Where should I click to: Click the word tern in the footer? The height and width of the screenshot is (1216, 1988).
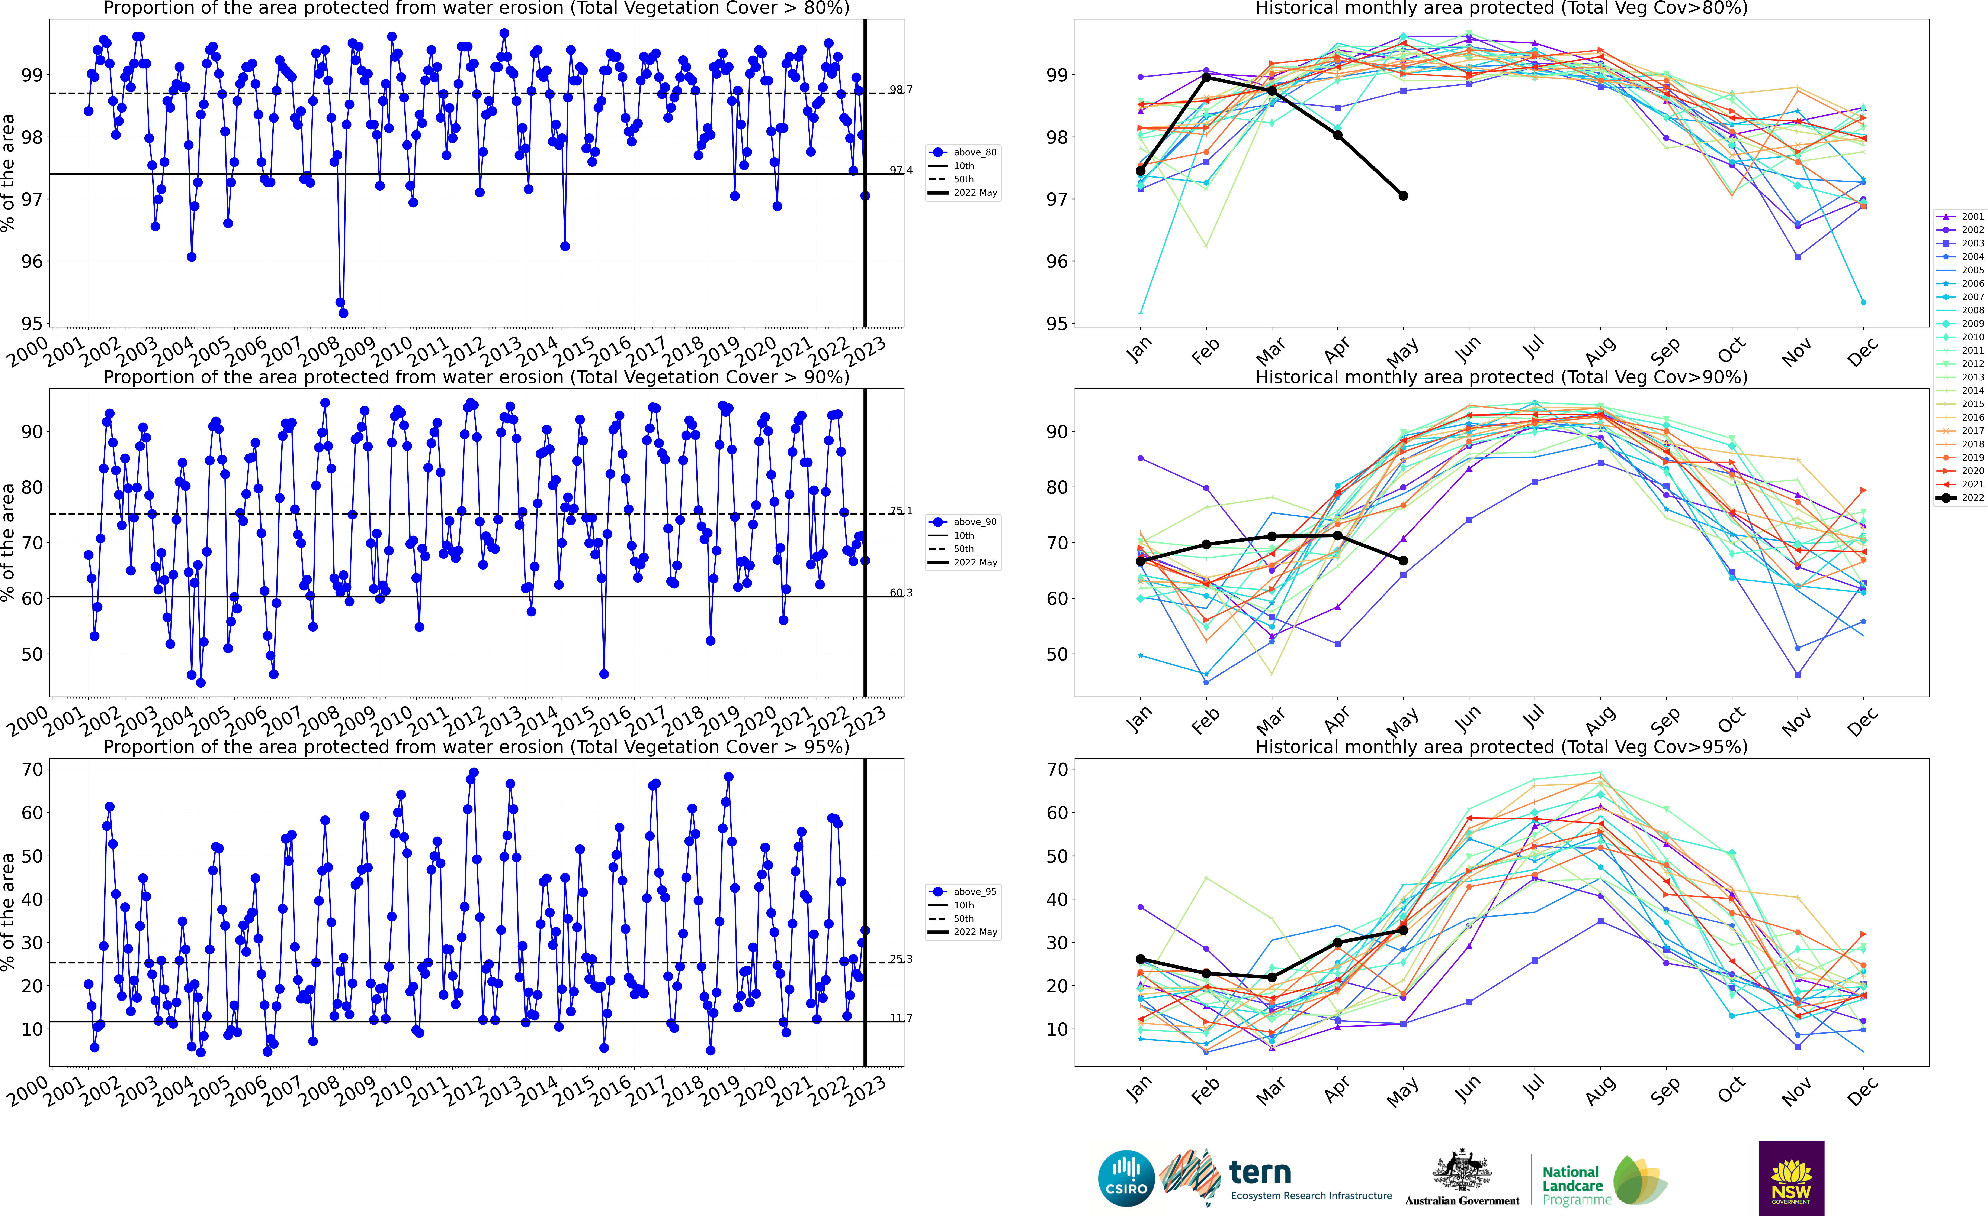coord(1260,1172)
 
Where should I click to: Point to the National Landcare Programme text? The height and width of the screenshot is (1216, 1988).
coord(1572,1185)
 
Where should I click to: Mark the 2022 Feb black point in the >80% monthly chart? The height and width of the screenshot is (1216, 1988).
coord(1206,77)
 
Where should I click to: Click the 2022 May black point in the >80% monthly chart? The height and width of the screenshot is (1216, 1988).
coord(1404,196)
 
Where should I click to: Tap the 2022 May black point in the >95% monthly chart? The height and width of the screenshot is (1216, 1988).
coord(1404,931)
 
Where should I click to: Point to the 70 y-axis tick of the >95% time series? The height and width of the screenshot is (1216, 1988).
coord(32,769)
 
